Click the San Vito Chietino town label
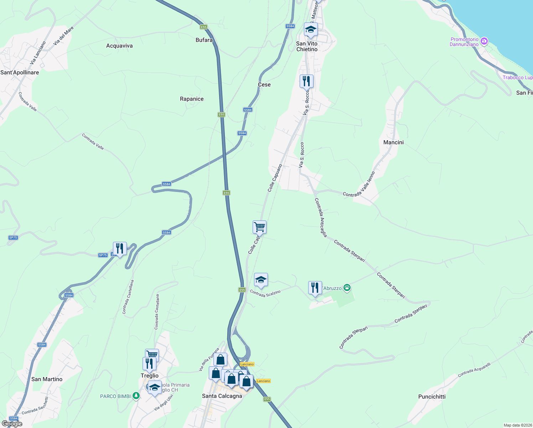pyautogui.click(x=307, y=46)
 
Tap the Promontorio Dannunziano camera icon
pyautogui.click(x=484, y=41)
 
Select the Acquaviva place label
pyautogui.click(x=119, y=46)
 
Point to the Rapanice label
pyautogui.click(x=192, y=99)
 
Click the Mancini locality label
pyautogui.click(x=393, y=142)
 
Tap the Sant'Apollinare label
pyautogui.click(x=20, y=72)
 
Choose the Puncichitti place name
pyautogui.click(x=432, y=397)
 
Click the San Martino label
pyautogui.click(x=47, y=379)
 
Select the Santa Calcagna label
pyautogui.click(x=222, y=396)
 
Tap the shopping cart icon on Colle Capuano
pyautogui.click(x=259, y=227)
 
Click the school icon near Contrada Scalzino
pyautogui.click(x=261, y=280)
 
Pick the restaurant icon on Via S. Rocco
pyautogui.click(x=306, y=81)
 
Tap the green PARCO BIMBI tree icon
pyautogui.click(x=136, y=396)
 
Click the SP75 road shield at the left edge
pyautogui.click(x=13, y=238)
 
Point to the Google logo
pyautogui.click(x=12, y=424)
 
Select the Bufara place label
pyautogui.click(x=204, y=40)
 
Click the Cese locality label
pyautogui.click(x=264, y=85)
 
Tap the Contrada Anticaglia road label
pyautogui.click(x=321, y=218)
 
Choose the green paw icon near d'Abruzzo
pyautogui.click(x=347, y=288)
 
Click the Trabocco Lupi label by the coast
pyautogui.click(x=517, y=77)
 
